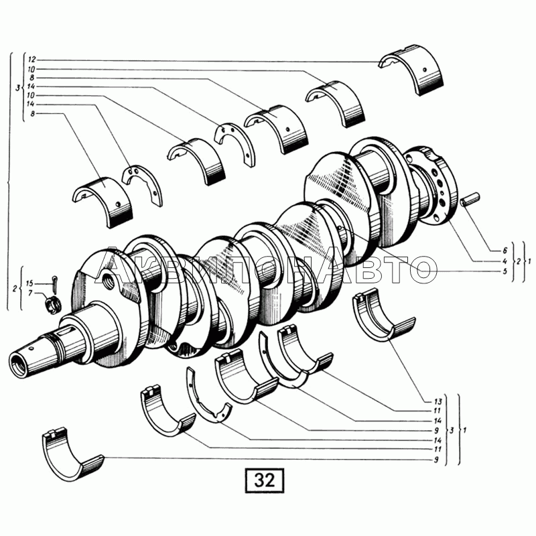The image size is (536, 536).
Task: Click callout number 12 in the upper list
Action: click(31, 60)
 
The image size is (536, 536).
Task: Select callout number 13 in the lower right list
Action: click(438, 401)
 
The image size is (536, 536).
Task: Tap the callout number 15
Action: click(29, 283)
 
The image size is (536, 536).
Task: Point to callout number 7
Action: click(30, 293)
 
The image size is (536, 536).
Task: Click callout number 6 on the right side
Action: click(505, 251)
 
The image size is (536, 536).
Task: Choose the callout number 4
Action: click(505, 261)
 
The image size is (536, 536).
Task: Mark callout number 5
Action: click(505, 272)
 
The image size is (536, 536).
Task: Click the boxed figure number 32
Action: click(265, 480)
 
